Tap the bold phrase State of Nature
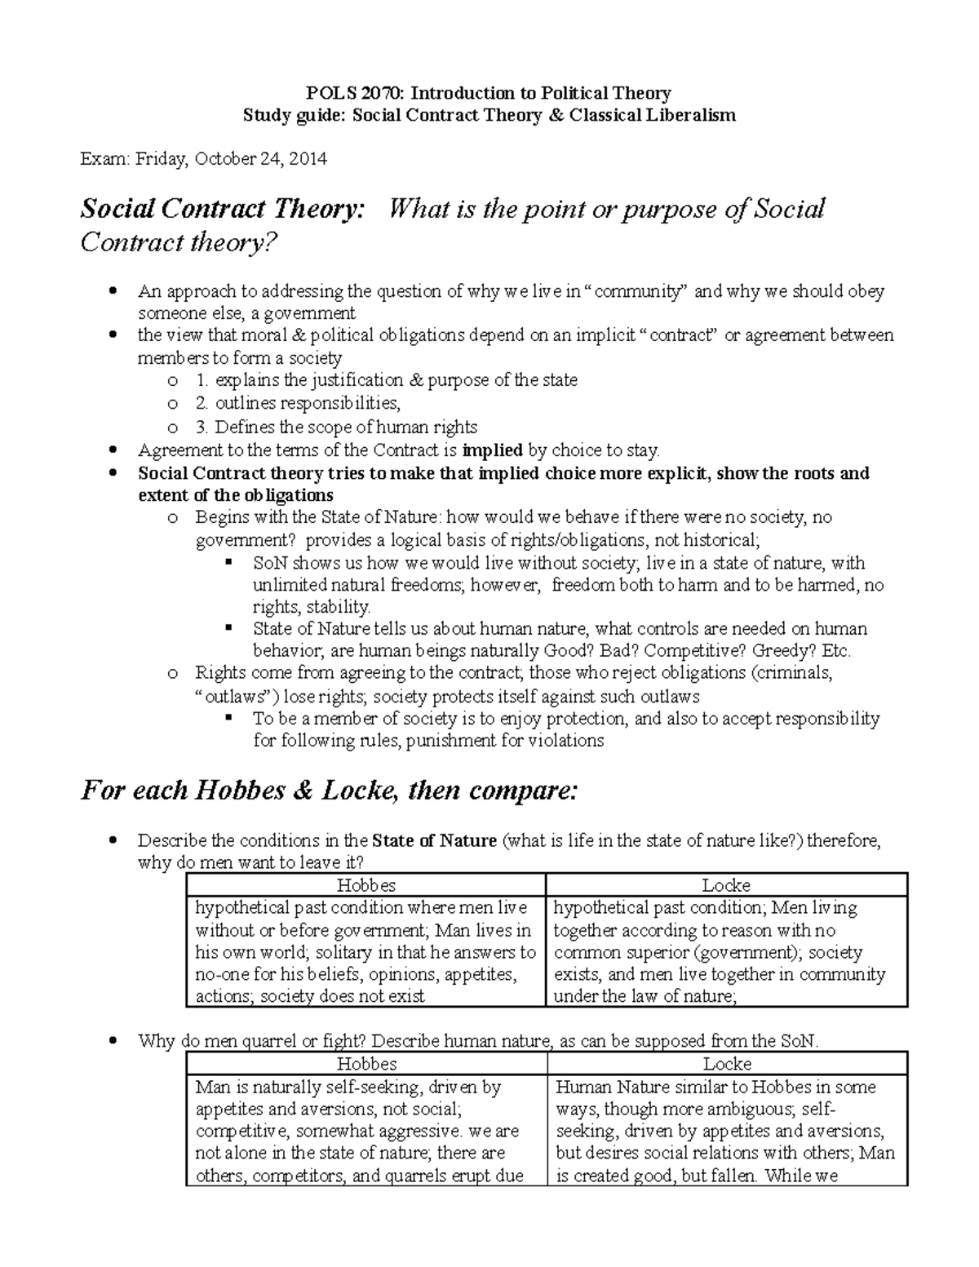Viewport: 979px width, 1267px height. (x=434, y=840)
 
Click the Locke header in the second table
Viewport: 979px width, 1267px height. (x=727, y=1064)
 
